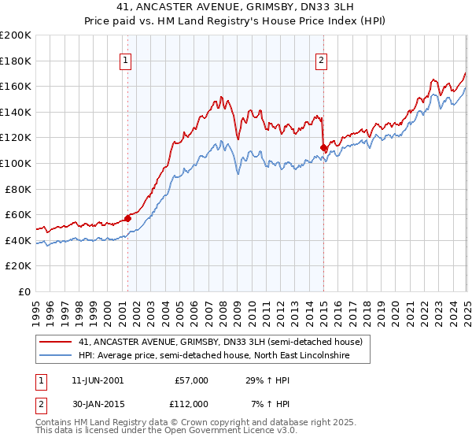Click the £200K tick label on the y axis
point(16,35)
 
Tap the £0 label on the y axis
point(26,291)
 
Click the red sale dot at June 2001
point(127,218)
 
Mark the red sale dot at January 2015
point(323,147)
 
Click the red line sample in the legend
point(55,343)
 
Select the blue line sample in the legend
point(55,356)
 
